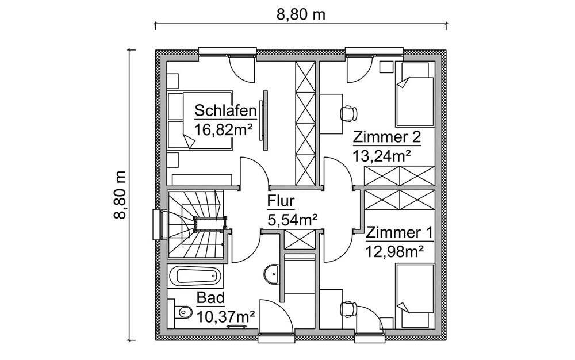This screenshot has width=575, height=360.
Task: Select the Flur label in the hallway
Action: [281, 201]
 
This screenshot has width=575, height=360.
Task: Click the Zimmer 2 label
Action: [387, 137]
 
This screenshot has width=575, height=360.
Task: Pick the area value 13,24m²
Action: [382, 155]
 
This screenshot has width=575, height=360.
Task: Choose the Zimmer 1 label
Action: [399, 233]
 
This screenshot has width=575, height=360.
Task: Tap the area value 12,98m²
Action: [394, 251]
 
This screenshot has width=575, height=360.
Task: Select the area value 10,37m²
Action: [225, 316]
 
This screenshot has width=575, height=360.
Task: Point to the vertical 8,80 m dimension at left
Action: [121, 195]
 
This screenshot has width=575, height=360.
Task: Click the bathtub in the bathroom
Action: [198, 277]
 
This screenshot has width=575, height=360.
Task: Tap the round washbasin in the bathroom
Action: [272, 274]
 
